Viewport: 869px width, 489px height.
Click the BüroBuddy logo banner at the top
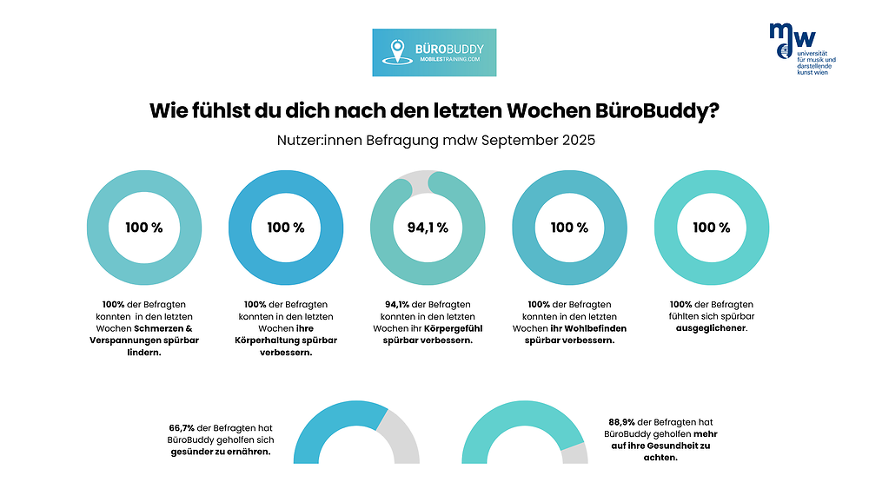[x=428, y=52]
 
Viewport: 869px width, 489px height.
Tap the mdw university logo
[x=800, y=48]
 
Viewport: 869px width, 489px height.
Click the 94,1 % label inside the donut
[x=428, y=228]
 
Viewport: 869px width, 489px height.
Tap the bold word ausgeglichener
[x=711, y=328]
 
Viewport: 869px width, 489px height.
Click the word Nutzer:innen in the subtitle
[x=315, y=140]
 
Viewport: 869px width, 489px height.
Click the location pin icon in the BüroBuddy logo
[x=398, y=50]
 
